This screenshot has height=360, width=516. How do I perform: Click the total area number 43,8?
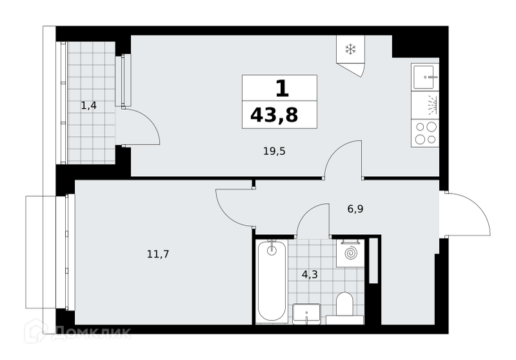point(274,115)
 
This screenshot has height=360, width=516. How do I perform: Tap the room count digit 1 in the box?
point(282,88)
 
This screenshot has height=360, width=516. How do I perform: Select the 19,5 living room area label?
point(274,151)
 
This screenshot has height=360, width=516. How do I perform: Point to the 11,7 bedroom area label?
point(158,254)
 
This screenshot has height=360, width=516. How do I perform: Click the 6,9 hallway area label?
point(355,208)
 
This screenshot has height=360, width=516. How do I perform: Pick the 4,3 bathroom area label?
point(310,274)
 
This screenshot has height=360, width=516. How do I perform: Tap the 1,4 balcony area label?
point(88,106)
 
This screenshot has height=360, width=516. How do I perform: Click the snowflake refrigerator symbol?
point(350,50)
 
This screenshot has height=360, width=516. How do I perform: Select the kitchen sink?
point(425,77)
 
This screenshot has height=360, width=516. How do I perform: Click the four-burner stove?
point(425,133)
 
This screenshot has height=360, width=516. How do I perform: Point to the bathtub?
point(272,281)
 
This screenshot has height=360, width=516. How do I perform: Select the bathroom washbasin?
point(306,314)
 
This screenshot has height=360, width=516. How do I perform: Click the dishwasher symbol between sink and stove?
point(425,105)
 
